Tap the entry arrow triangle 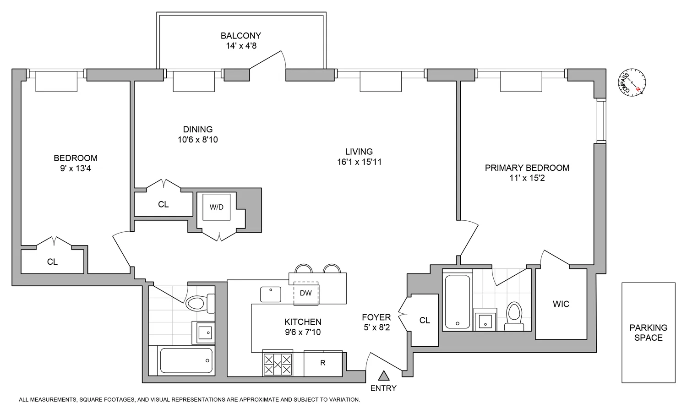click(384, 376)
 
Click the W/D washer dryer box click(217, 207)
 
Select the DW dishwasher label click(305, 293)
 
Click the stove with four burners click(277, 363)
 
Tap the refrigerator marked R click(323, 363)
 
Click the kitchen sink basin click(271, 294)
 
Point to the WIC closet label click(561, 304)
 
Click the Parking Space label click(648, 333)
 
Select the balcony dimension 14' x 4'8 click(240, 46)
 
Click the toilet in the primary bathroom click(514, 316)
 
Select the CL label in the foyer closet click(425, 320)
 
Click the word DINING click(198, 130)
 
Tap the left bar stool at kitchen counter click(303, 269)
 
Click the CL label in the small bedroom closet click(52, 262)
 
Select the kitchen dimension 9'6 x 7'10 click(303, 332)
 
